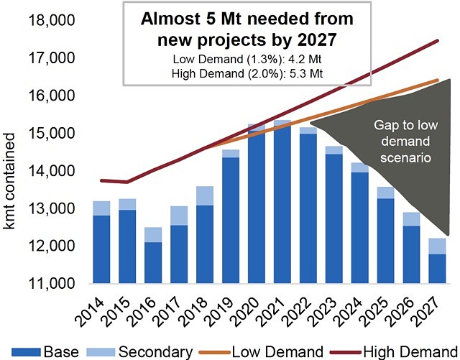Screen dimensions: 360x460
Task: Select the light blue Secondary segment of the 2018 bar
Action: point(205,196)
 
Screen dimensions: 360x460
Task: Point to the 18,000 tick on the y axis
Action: point(55,21)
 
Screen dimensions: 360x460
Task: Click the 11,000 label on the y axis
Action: point(55,284)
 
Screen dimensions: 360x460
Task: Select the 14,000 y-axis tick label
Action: point(55,171)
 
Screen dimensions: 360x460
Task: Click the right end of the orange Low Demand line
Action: point(437,80)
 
